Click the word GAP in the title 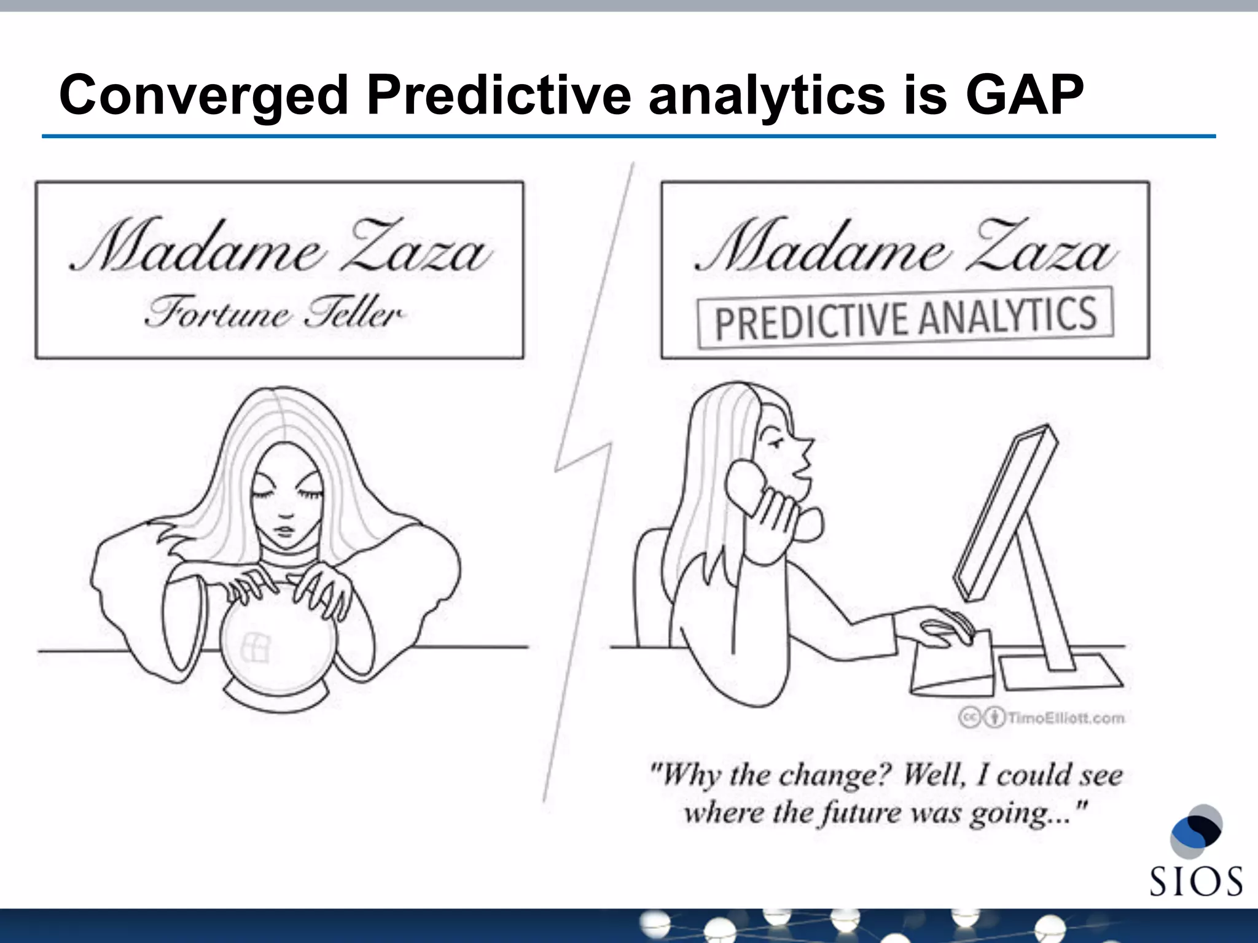pos(1024,95)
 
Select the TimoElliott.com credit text pos(1066,718)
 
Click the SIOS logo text pos(1195,882)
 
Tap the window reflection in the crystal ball pos(255,648)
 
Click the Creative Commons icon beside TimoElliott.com pos(969,717)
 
